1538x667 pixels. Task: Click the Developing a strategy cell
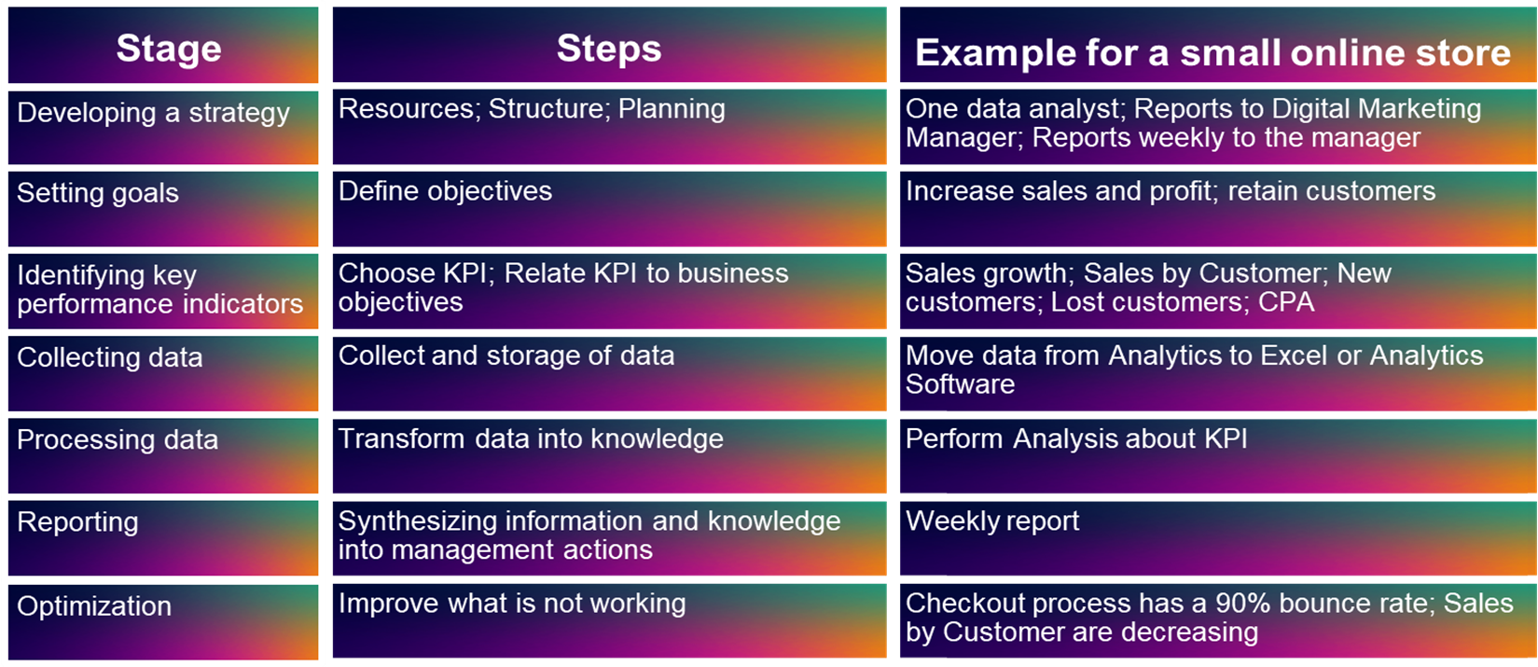point(162,128)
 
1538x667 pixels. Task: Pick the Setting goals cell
point(162,209)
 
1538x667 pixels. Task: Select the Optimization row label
point(94,605)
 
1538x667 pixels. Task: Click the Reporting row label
point(77,522)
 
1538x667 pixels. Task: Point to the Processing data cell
point(162,456)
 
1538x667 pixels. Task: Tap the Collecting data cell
point(162,374)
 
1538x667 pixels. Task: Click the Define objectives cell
point(610,209)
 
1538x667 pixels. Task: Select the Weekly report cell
point(1218,538)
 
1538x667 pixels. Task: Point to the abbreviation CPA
point(1286,302)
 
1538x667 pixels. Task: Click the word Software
point(960,384)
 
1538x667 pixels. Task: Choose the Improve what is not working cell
point(610,621)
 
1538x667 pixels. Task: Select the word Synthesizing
point(415,522)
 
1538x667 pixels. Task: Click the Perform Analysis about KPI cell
point(1218,456)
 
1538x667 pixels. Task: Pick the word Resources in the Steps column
point(409,109)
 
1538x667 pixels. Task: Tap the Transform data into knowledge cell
point(610,456)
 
